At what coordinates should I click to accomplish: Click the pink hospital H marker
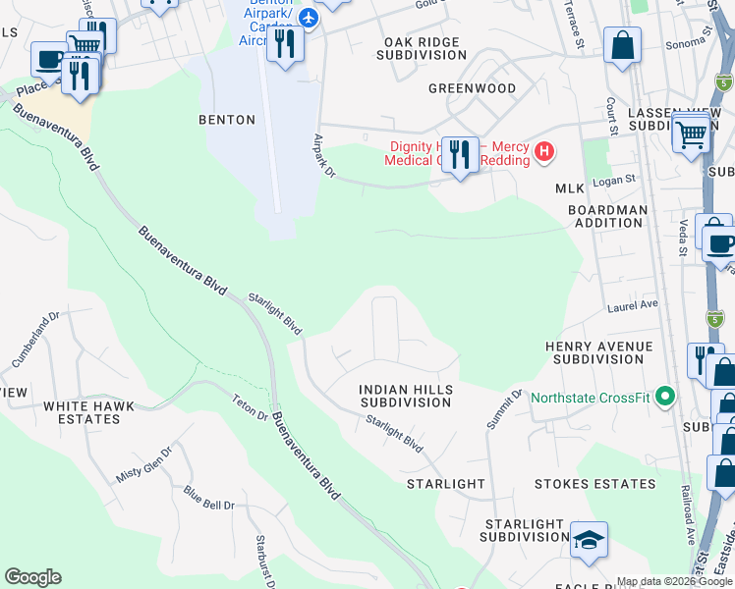point(545,153)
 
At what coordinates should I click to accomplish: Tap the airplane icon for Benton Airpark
point(309,18)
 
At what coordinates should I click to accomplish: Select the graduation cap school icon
point(589,540)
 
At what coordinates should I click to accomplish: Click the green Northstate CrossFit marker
point(665,398)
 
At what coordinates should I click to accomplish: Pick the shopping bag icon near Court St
point(622,45)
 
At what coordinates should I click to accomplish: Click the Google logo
point(32,577)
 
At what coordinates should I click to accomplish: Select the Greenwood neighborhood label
point(472,88)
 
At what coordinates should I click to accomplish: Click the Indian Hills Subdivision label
point(405,396)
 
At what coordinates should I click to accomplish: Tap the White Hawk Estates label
point(81,412)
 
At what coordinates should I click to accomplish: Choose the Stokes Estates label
point(594,484)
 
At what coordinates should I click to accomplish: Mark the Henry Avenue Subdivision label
point(598,352)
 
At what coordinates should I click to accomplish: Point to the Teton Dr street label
point(250,406)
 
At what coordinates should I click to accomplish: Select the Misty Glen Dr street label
point(143,459)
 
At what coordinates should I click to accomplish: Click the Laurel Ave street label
point(632,305)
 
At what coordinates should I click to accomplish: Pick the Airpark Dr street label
point(323,156)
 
